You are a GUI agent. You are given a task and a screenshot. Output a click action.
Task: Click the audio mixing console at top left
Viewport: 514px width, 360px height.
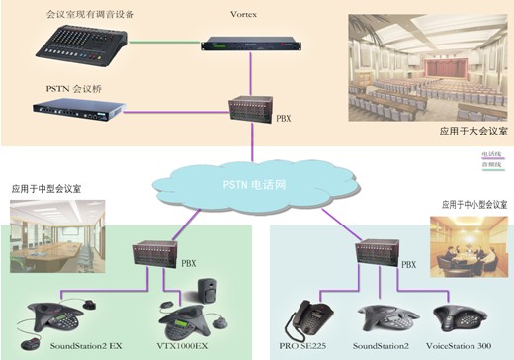pos(76,44)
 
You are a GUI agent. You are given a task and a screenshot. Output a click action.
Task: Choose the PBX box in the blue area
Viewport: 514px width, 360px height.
pos(379,259)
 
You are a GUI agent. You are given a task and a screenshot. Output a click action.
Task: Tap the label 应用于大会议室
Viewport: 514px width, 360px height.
pos(473,130)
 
